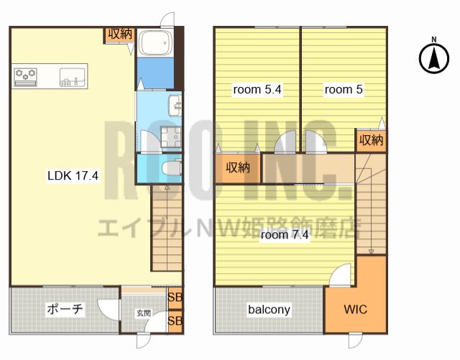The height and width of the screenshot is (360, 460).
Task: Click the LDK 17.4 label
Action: (x=73, y=176)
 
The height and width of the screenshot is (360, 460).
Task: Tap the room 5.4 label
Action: (x=257, y=89)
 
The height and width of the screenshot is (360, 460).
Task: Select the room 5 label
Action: (x=344, y=89)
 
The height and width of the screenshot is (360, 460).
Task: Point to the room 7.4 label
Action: (x=285, y=235)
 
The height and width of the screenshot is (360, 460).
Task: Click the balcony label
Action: (x=269, y=310)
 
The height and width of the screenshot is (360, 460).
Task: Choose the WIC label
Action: (x=355, y=309)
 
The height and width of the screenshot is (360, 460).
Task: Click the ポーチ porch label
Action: (x=65, y=309)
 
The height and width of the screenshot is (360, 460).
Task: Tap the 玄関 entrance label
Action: (x=144, y=313)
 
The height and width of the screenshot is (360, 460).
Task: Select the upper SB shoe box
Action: (x=175, y=297)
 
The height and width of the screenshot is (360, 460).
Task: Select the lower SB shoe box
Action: (x=175, y=321)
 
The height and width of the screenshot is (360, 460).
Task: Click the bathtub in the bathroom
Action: (x=155, y=43)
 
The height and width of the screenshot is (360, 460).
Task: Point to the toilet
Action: (x=172, y=168)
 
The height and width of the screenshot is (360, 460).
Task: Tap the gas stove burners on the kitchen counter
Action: (x=26, y=77)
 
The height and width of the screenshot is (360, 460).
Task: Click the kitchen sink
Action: (x=73, y=77)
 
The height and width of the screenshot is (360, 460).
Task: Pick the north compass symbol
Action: (x=434, y=57)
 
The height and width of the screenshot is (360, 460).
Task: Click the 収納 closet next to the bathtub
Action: (x=120, y=35)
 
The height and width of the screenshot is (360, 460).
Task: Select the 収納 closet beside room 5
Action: (x=371, y=141)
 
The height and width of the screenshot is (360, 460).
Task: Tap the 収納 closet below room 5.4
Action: (x=238, y=168)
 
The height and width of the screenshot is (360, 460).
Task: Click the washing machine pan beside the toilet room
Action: (x=171, y=137)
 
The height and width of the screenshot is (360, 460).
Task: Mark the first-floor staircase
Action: (x=167, y=228)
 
